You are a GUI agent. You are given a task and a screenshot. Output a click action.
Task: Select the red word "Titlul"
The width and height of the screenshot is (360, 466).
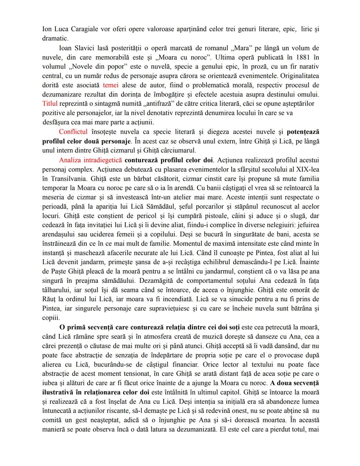click(50, 103)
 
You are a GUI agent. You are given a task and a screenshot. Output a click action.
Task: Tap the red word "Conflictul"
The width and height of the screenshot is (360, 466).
click(73, 132)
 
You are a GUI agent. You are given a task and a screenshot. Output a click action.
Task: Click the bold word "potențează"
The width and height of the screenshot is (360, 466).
click(303, 132)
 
